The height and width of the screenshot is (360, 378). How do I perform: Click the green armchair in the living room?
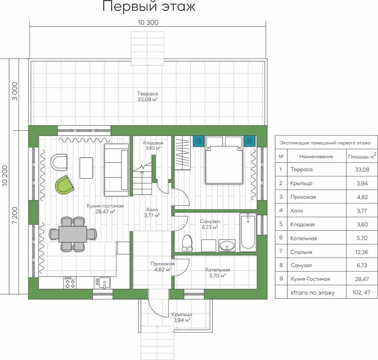pyautogui.click(x=64, y=185)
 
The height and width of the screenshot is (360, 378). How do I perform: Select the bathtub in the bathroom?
pyautogui.click(x=248, y=232)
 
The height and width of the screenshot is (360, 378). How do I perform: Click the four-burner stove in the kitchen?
pyautogui.click(x=70, y=283)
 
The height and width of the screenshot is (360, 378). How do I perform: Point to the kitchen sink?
pyautogui.click(x=104, y=283)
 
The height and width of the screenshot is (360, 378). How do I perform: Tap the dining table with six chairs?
pyautogui.click(x=73, y=234)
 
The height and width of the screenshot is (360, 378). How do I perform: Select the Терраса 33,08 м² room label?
pyautogui.click(x=147, y=96)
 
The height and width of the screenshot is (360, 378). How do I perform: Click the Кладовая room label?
pyautogui.click(x=153, y=143)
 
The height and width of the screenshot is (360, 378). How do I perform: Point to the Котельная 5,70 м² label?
pyautogui.click(x=217, y=273)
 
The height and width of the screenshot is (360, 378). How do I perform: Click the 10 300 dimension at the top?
pyautogui.click(x=148, y=23)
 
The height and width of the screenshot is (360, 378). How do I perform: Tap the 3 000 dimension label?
pyautogui.click(x=15, y=91)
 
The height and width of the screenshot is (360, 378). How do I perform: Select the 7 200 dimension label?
pyautogui.click(x=15, y=215)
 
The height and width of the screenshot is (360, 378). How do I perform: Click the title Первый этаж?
pyautogui.click(x=149, y=6)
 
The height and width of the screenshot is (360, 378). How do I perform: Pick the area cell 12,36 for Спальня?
pyautogui.click(x=361, y=252)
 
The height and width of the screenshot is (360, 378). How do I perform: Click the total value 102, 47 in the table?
pyautogui.click(x=361, y=292)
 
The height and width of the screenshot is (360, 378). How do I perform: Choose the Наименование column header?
pyautogui.click(x=316, y=157)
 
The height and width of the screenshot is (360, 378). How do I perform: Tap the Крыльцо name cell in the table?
pyautogui.click(x=301, y=183)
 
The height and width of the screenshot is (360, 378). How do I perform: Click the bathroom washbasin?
pyautogui.click(x=227, y=246)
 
